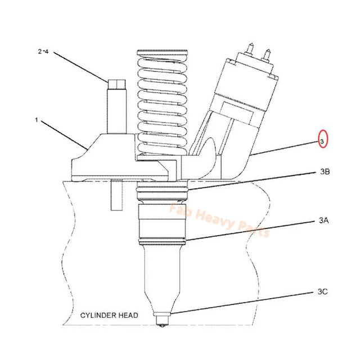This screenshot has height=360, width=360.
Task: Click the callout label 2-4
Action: click(44, 52)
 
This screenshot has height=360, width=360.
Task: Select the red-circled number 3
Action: click(322, 141)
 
